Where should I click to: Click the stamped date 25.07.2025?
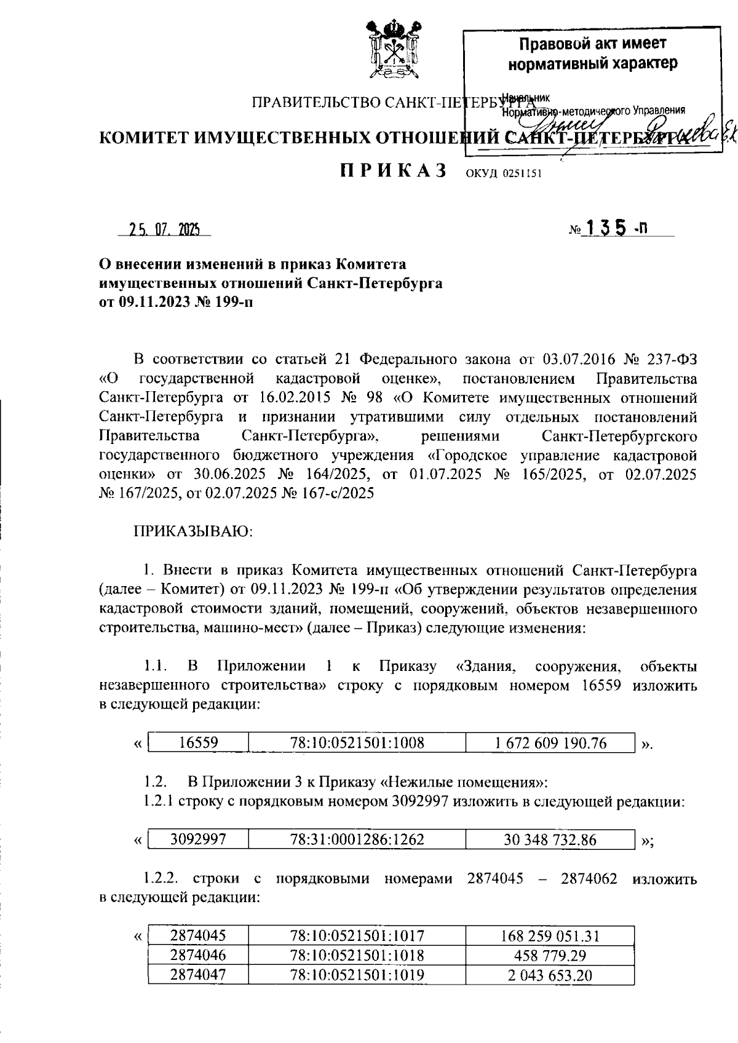[x=164, y=230]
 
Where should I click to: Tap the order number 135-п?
[x=614, y=229]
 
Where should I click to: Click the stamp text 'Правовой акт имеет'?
[x=593, y=44]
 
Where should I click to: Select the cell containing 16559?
[x=198, y=743]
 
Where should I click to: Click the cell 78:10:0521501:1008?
[x=357, y=743]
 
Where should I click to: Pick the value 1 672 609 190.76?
[x=550, y=743]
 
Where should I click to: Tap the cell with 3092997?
[x=198, y=839]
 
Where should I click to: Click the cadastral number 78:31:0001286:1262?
[x=357, y=839]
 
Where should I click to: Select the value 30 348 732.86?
[x=550, y=839]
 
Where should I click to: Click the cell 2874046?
[x=198, y=956]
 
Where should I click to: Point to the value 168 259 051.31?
[x=550, y=936]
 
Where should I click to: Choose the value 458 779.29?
[x=550, y=956]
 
